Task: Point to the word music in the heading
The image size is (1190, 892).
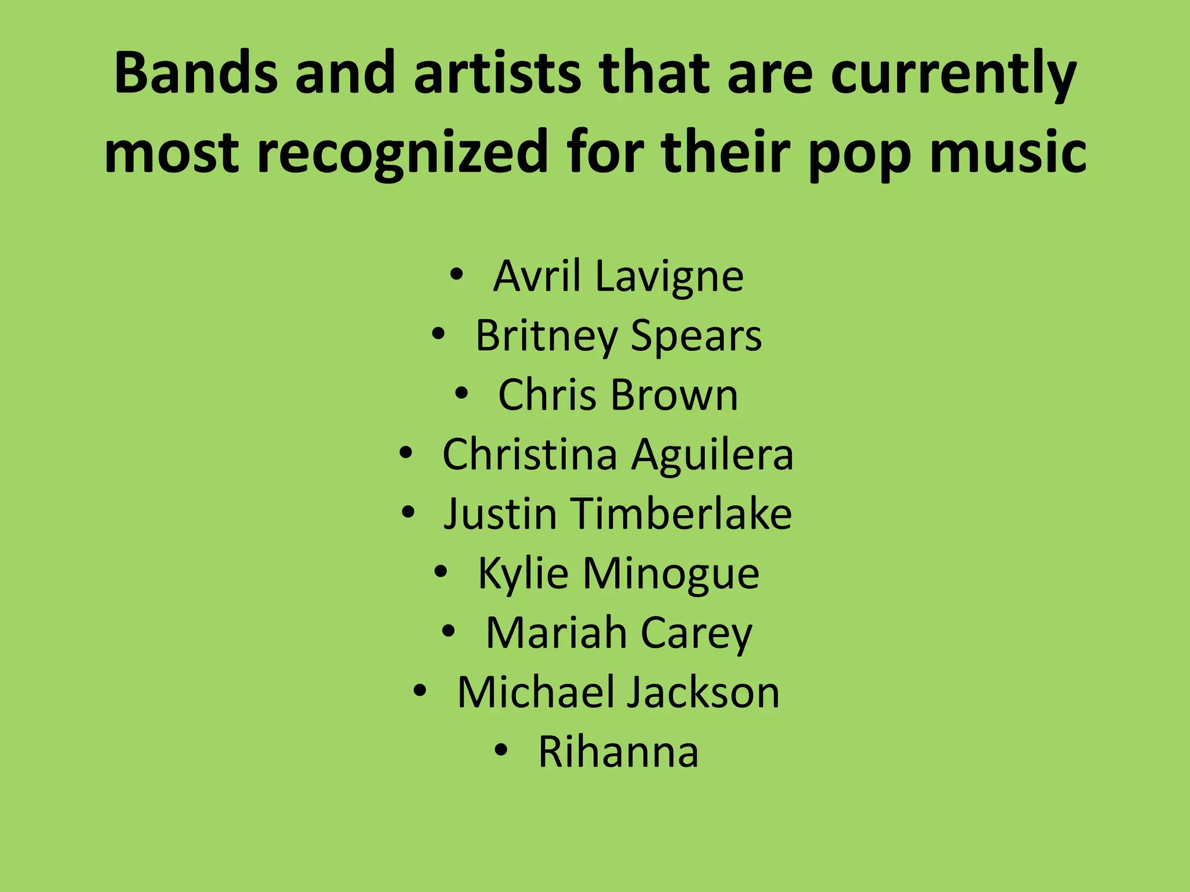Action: pos(1008,152)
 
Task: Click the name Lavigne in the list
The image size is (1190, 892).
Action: pos(669,276)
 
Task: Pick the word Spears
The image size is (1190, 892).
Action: pos(696,336)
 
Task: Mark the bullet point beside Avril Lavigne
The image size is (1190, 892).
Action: pos(457,275)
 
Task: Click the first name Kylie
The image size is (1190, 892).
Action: pos(523,574)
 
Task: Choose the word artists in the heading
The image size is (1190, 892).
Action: pos(497,74)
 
